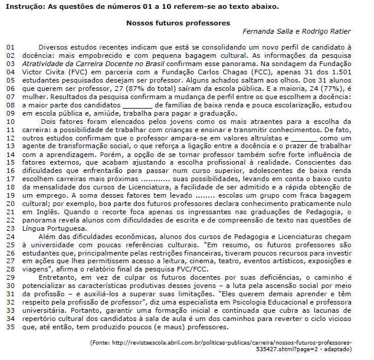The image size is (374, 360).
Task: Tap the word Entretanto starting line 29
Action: click(x=60, y=276)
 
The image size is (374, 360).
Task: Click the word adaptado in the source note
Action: click(x=337, y=349)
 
